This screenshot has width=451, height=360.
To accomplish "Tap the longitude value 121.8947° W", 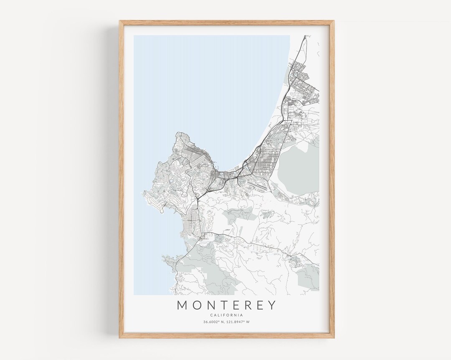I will [238, 322].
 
